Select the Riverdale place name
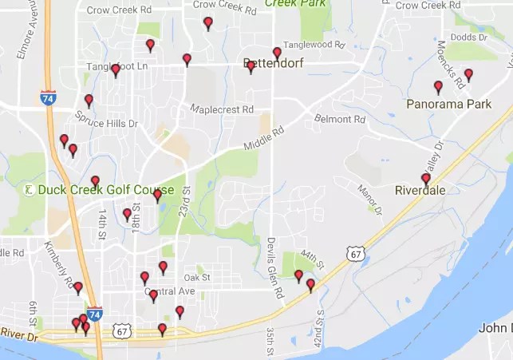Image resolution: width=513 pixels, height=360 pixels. coord(420,191)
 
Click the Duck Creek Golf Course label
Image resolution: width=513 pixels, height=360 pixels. coord(93,191)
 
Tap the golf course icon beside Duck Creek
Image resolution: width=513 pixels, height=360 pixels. coord(27,190)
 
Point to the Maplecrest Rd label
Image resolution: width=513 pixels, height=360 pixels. coord(222,109)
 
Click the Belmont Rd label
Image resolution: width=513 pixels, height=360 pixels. coord(340,119)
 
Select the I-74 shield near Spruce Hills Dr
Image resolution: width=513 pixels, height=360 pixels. coord(48,97)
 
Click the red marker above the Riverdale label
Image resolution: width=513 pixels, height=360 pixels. coord(425,179)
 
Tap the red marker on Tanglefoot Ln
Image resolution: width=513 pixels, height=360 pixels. coord(116,70)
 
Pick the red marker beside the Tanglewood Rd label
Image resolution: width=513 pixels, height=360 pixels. coord(277,53)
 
